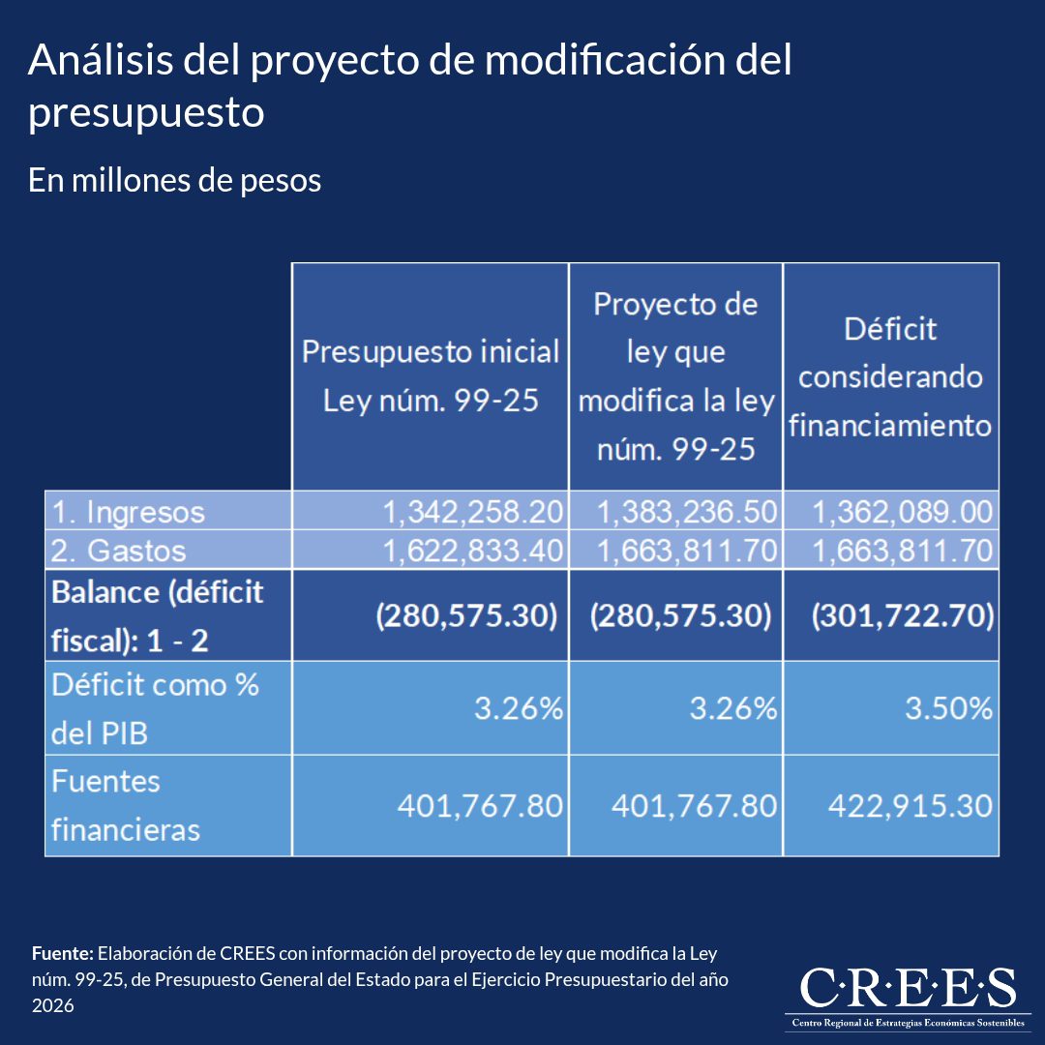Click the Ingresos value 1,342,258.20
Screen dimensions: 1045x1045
click(473, 512)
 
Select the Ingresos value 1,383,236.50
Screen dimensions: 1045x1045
click(687, 512)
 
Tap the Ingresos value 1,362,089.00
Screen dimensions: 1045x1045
click(903, 512)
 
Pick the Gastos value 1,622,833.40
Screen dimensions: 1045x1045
click(473, 551)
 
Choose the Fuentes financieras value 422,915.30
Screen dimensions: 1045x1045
click(911, 806)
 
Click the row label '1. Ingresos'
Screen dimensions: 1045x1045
click(128, 512)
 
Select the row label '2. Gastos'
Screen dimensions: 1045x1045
click(119, 551)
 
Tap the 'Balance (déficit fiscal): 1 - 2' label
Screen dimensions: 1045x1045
click(158, 615)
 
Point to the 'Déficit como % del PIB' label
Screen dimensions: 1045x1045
click(155, 708)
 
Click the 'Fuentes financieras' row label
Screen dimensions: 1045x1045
click(125, 806)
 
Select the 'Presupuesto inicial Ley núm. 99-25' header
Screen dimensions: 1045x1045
click(431, 375)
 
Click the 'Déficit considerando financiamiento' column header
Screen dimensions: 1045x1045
click(890, 377)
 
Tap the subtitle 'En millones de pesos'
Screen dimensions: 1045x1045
click(174, 180)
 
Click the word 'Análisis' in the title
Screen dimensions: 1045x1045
click(101, 59)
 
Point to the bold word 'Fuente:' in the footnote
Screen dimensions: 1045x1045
click(63, 954)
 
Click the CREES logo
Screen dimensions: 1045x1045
click(908, 996)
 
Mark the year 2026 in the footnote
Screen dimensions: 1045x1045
click(52, 1005)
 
